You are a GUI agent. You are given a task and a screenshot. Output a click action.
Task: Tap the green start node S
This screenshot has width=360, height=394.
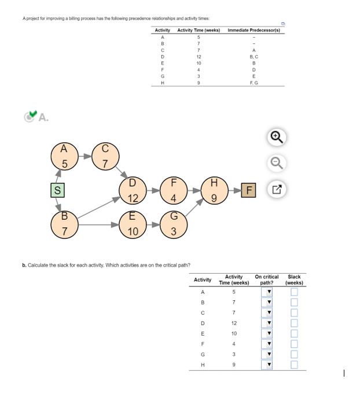point(56,189)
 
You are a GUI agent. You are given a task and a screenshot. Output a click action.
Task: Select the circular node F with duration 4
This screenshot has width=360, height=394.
point(172,192)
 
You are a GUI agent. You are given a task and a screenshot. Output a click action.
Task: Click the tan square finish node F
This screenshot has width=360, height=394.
point(248,189)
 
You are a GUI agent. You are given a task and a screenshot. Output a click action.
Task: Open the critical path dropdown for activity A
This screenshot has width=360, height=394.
point(269,292)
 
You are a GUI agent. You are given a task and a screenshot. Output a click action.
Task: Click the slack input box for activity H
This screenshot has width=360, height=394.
point(294,365)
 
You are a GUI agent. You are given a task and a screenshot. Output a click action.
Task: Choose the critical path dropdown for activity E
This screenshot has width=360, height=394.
point(269,334)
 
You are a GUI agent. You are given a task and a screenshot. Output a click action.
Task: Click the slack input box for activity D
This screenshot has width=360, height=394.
point(294,323)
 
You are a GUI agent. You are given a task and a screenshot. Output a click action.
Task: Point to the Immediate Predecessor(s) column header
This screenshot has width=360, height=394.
point(254,30)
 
